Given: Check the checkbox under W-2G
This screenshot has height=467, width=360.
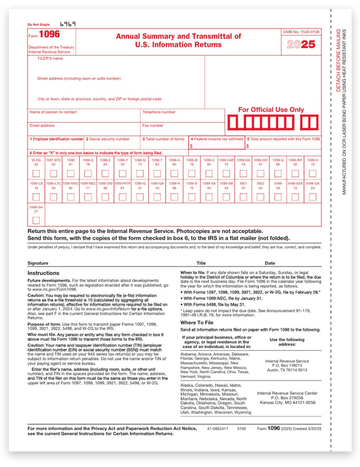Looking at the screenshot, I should click(x=36, y=173).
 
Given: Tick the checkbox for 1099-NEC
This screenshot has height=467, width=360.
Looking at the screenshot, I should click(x=88, y=197).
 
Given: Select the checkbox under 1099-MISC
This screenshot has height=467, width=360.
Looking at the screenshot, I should click(x=70, y=197).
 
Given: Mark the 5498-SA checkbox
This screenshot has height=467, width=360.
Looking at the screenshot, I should click(x=36, y=221).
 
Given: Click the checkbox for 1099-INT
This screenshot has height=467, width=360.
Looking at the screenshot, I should click(x=295, y=173).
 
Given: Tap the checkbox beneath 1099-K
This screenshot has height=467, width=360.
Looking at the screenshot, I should click(x=312, y=173).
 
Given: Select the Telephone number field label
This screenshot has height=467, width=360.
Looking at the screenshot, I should click(x=159, y=112).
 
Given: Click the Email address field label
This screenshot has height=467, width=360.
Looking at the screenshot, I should click(x=42, y=126).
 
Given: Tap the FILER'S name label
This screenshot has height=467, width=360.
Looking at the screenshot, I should click(x=50, y=59).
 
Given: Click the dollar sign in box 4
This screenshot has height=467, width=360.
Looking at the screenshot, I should click(x=191, y=146).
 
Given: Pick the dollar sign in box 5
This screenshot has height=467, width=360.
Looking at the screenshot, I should click(x=248, y=146).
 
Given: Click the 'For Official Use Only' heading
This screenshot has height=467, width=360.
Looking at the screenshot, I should click(x=271, y=110).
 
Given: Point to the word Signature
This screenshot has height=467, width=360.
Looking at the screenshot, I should click(x=38, y=263).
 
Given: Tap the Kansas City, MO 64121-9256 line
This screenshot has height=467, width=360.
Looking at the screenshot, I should click(x=286, y=403).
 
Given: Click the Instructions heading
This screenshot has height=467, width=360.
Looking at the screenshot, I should click(x=43, y=273).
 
